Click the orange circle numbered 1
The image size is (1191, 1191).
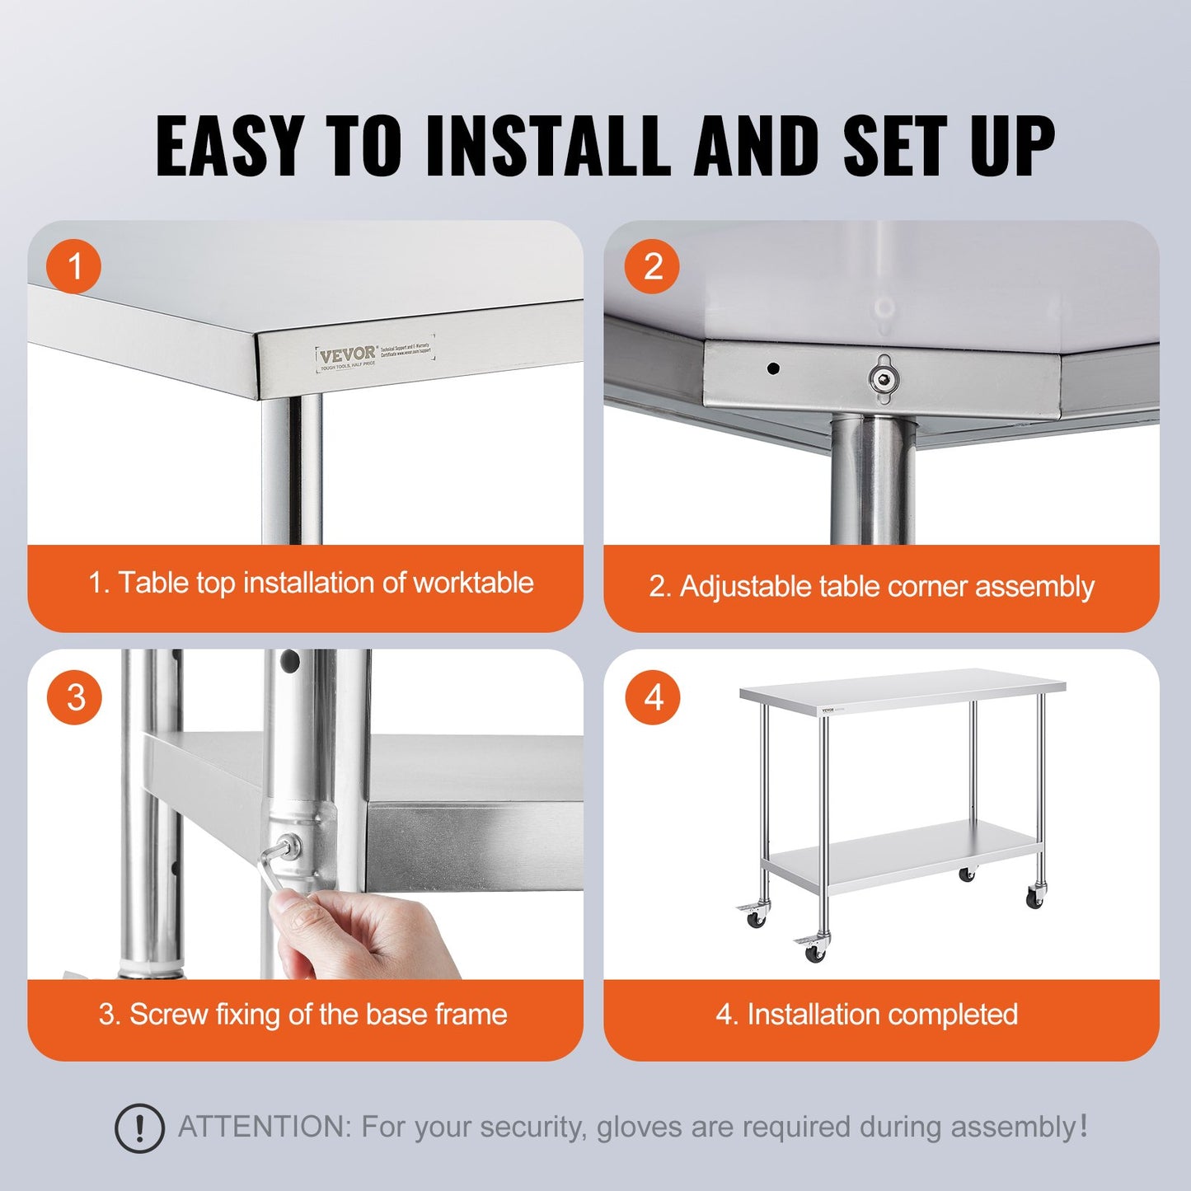(x=75, y=266)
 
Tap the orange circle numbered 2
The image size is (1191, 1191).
(x=652, y=266)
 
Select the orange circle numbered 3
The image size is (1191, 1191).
(x=75, y=697)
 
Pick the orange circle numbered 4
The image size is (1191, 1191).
(x=653, y=697)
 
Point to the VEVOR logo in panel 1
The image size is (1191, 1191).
(x=347, y=356)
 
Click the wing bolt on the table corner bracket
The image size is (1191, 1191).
(x=884, y=379)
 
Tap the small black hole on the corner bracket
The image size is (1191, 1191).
(x=773, y=368)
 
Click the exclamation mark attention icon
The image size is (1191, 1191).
(x=139, y=1128)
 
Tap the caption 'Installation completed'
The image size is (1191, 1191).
(x=882, y=1015)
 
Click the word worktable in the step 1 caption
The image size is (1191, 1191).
(x=473, y=583)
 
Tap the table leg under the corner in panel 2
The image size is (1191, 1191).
(x=872, y=482)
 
